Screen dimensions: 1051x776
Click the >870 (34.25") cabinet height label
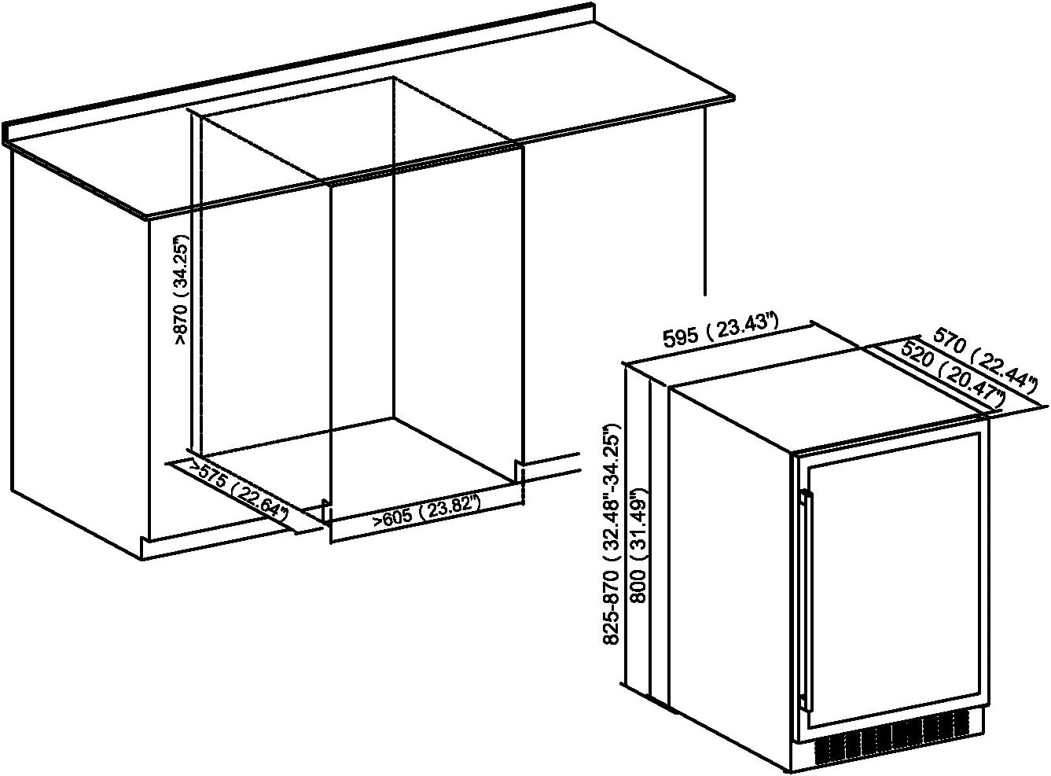pyautogui.click(x=182, y=289)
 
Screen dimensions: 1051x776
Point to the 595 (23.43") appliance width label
pyautogui.click(x=721, y=330)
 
